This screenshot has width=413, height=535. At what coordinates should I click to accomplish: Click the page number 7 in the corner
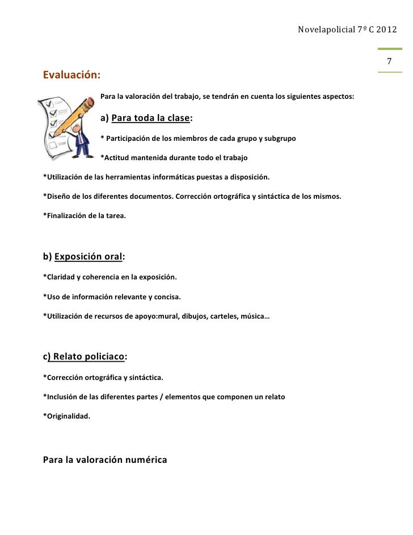click(389, 62)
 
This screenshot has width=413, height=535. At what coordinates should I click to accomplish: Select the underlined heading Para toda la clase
click(150, 118)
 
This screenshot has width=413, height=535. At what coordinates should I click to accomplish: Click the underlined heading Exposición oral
click(88, 256)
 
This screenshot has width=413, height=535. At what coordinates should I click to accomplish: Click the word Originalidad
click(67, 416)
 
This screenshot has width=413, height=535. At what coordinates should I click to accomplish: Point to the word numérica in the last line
click(145, 460)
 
